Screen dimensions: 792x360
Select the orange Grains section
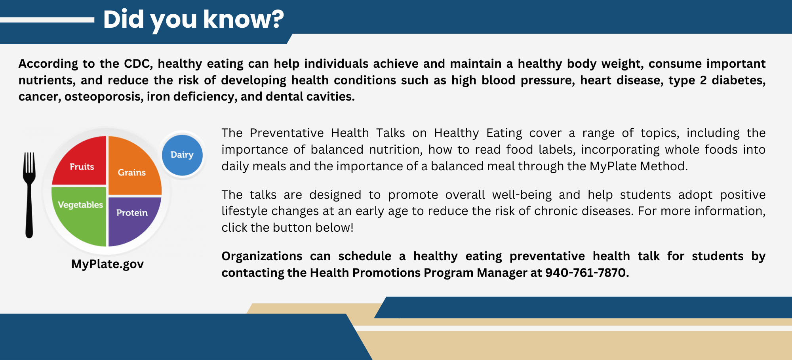[x=133, y=168]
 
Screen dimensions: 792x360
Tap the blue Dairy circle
[x=182, y=155]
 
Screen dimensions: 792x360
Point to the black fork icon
[x=29, y=194]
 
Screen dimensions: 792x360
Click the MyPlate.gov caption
[x=107, y=264]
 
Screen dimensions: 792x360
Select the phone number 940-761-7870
[x=586, y=273]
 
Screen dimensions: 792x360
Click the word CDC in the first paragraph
[x=137, y=64]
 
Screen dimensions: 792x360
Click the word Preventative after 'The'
[x=286, y=133]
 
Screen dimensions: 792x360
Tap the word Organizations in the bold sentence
[x=262, y=256]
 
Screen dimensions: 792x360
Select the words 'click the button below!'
[x=287, y=228]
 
